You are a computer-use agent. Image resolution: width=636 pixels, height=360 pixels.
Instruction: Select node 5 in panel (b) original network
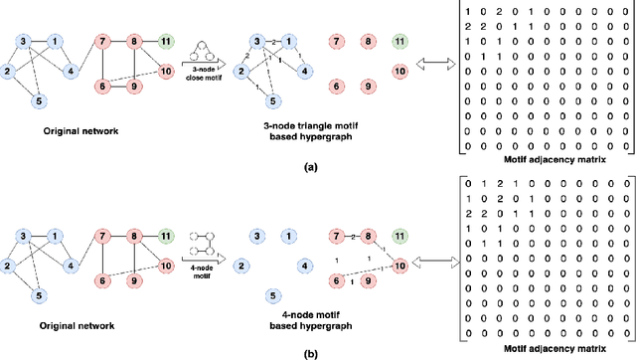[38, 294]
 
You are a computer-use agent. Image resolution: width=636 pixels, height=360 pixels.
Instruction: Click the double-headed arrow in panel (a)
[435, 71]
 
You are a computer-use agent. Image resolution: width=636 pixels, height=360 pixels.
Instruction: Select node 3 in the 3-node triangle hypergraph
[257, 42]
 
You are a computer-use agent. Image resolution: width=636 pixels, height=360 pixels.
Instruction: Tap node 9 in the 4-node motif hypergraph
[368, 281]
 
